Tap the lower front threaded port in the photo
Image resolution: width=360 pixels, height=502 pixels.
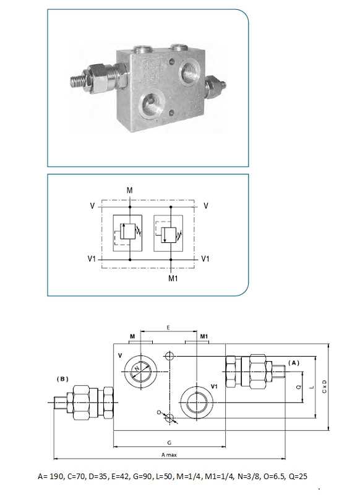coord(151,104)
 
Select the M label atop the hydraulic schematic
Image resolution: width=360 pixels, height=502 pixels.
coord(130,190)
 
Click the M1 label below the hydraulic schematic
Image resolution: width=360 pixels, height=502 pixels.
coord(173,278)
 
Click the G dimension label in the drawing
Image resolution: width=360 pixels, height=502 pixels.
coord(169,442)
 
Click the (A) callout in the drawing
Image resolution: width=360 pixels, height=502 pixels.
coord(294,363)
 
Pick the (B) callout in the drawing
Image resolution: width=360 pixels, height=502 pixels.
coord(62,378)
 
